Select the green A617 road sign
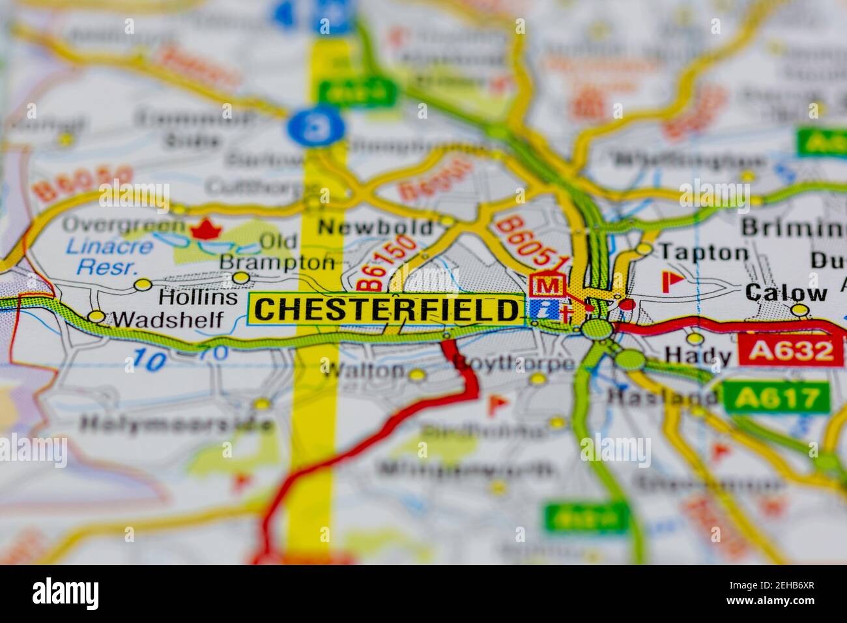pyautogui.click(x=776, y=396)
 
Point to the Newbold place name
pyautogui.click(x=375, y=227)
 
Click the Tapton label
pyautogui.click(x=704, y=252)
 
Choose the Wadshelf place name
pyautogui.click(x=167, y=319)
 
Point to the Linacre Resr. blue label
pyautogui.click(x=114, y=256)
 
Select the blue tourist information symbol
pyautogui.click(x=545, y=309)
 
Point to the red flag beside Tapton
pyautogui.click(x=670, y=281)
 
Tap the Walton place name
pyautogui.click(x=364, y=370)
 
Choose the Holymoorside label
pyautogui.click(x=177, y=424)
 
